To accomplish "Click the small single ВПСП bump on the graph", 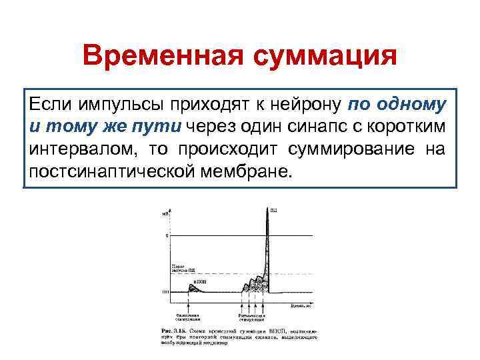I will click(189, 287).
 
